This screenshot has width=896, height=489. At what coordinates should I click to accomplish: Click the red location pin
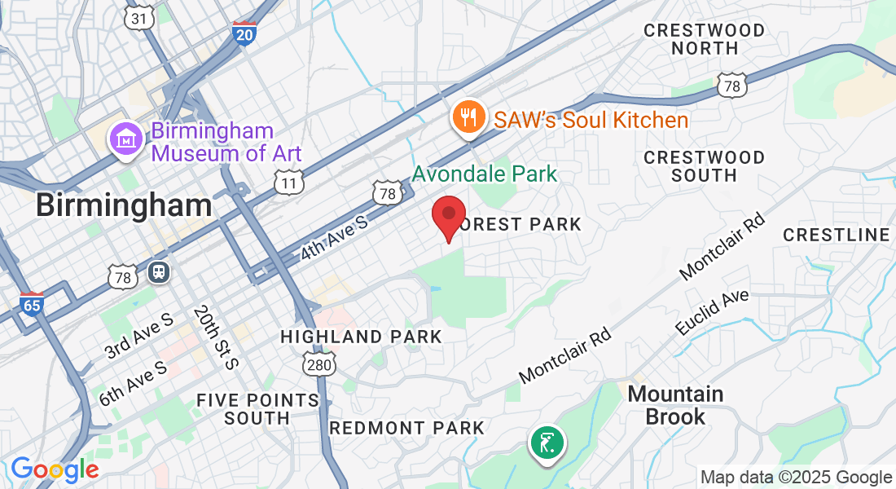tap(448, 215)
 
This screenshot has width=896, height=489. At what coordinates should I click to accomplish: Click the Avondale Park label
tap(485, 174)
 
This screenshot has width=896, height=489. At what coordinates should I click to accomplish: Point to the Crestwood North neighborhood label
tap(705, 39)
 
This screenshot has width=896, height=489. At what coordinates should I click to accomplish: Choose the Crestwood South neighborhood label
tap(705, 165)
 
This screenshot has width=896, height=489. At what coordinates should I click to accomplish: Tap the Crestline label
tap(837, 235)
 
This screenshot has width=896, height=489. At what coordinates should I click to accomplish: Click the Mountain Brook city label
tap(675, 405)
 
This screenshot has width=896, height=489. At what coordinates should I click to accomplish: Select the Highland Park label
tap(361, 337)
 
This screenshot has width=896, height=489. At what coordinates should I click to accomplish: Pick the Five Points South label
tap(257, 409)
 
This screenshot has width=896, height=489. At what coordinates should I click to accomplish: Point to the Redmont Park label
tap(406, 428)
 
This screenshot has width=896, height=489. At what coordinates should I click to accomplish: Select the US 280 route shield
tap(318, 364)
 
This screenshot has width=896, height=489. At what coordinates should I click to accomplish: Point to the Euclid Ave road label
tap(711, 312)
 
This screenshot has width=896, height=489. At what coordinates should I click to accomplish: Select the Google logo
tap(55, 469)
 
